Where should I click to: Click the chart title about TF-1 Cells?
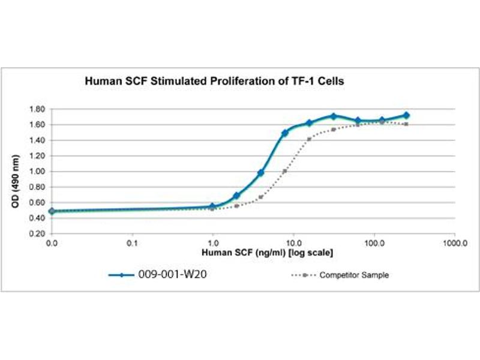pos(214,82)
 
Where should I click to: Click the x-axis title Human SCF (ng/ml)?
pos(267,253)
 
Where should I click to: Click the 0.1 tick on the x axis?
pos(133,244)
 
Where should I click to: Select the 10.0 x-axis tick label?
pos(293,244)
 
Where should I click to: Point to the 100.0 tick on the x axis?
pos(374,244)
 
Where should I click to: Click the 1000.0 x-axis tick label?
pos(454,244)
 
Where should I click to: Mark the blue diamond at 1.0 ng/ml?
pos(212,206)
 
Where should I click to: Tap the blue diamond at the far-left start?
pos(52,211)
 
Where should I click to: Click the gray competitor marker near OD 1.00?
pos(285,171)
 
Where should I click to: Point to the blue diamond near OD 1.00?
pos(261,173)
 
